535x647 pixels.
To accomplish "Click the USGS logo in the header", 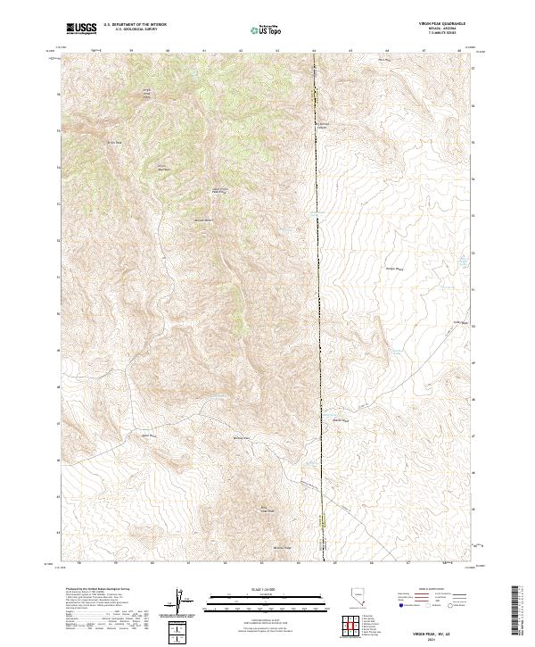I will click(81, 29).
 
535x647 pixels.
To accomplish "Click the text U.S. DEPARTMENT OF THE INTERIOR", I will click(135, 25).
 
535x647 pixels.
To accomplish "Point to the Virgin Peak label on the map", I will click(149, 91).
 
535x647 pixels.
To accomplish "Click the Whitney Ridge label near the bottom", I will click(282, 547).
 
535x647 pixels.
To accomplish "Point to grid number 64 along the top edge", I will click(314, 50).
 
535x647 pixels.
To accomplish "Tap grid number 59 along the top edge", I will click(131, 50).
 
